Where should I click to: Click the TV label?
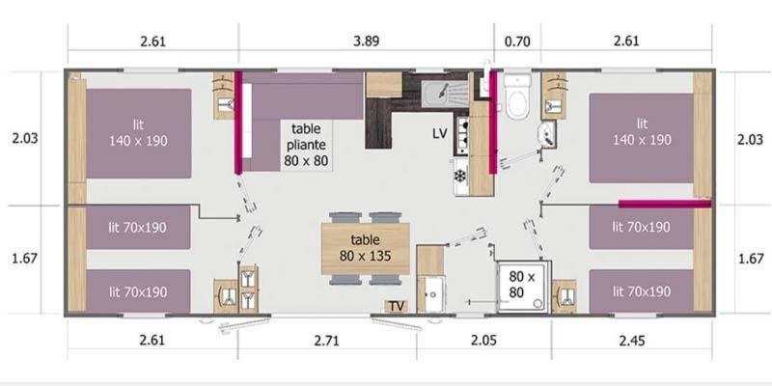click(397, 306)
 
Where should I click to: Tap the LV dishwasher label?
click(440, 133)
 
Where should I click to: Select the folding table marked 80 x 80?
click(306, 145)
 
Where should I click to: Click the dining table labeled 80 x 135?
click(366, 248)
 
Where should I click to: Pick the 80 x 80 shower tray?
click(523, 286)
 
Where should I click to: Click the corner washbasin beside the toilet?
click(547, 134)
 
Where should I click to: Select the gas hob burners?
click(463, 132)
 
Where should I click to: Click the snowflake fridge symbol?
click(460, 176)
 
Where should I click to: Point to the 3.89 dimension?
click(367, 41)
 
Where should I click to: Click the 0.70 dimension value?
click(517, 41)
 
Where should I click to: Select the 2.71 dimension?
click(326, 341)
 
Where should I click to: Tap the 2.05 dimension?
click(483, 341)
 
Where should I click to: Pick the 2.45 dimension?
click(632, 341)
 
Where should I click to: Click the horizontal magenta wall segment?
click(665, 204)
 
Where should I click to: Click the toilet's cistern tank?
click(517, 81)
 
